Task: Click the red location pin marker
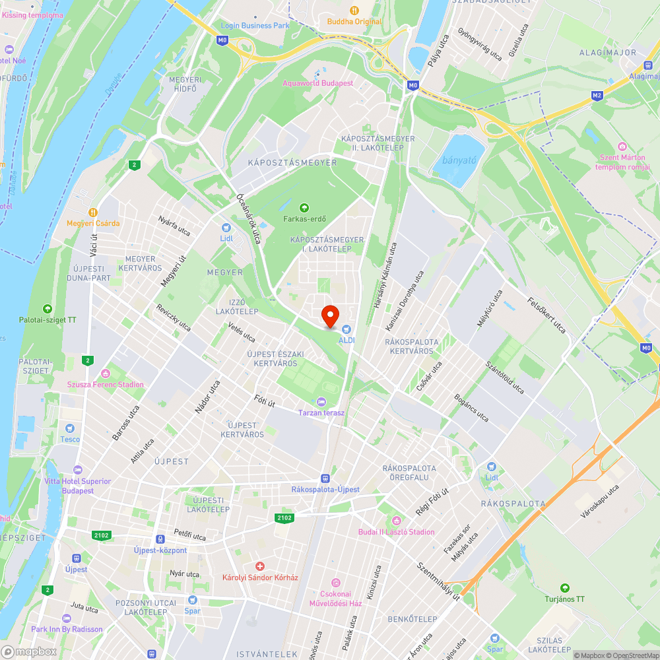(330, 315)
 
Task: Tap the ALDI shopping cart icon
(346, 329)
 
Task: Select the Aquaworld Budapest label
(318, 83)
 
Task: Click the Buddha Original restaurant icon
(354, 11)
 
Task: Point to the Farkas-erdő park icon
(304, 207)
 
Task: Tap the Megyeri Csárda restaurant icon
(93, 213)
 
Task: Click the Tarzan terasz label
(321, 412)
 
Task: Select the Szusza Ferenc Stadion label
(106, 385)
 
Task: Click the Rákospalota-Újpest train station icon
(325, 478)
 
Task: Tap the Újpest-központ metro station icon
(160, 539)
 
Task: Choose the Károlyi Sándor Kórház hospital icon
(260, 566)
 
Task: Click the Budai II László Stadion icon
(396, 521)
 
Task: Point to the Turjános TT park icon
(564, 588)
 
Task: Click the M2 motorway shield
(597, 96)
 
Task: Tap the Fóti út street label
(265, 400)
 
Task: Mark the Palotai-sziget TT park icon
(48, 308)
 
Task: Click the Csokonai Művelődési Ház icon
(336, 583)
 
